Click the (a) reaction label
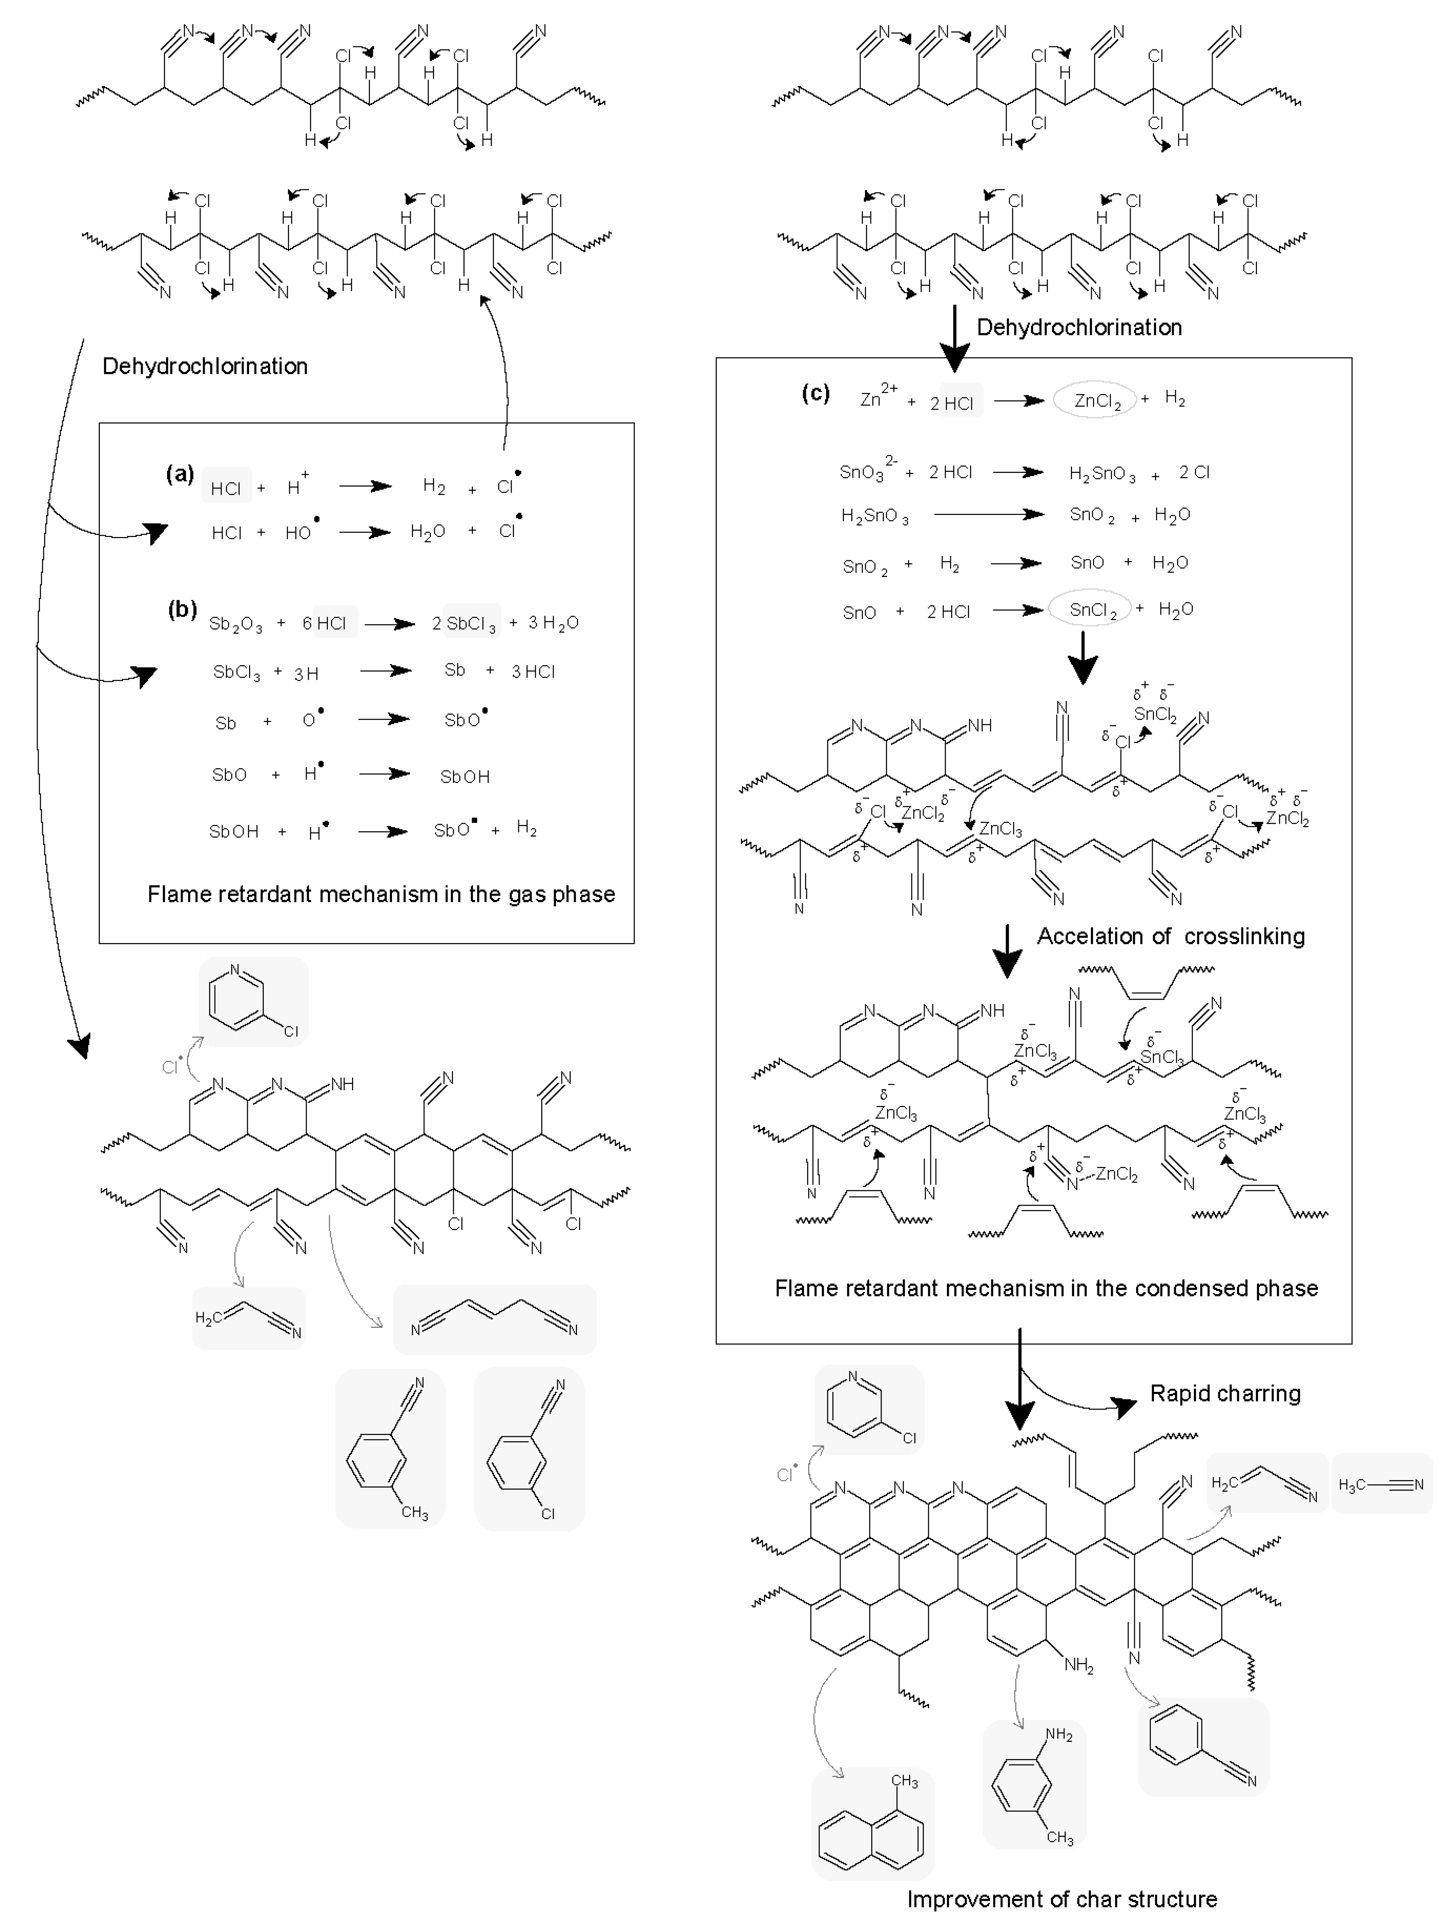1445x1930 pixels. (x=180, y=474)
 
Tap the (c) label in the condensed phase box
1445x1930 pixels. (x=815, y=392)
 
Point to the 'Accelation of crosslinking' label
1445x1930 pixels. (x=1170, y=936)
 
